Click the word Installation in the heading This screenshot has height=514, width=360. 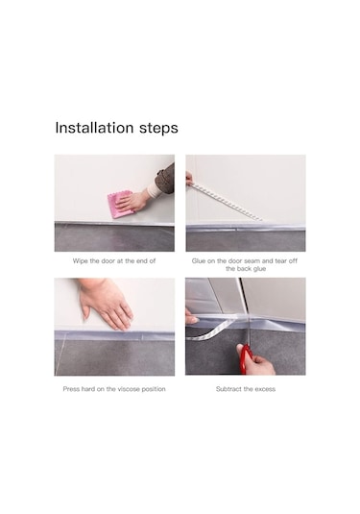pyautogui.click(x=94, y=127)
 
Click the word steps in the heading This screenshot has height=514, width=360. pyautogui.click(x=158, y=129)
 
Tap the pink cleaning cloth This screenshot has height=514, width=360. pyautogui.click(x=121, y=205)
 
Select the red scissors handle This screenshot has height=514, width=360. pyautogui.click(x=245, y=358)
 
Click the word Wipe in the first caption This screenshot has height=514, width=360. pyautogui.click(x=81, y=261)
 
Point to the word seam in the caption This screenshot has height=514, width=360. pyautogui.click(x=252, y=261)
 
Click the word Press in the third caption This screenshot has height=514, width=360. pyautogui.click(x=71, y=389)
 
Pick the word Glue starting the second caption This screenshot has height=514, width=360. pyautogui.click(x=199, y=261)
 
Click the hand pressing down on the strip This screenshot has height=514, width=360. pyautogui.click(x=105, y=304)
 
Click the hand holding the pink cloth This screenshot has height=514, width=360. pyautogui.click(x=132, y=201)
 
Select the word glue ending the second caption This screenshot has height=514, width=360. pyautogui.click(x=259, y=269)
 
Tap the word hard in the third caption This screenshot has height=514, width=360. pyautogui.click(x=88, y=389)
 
